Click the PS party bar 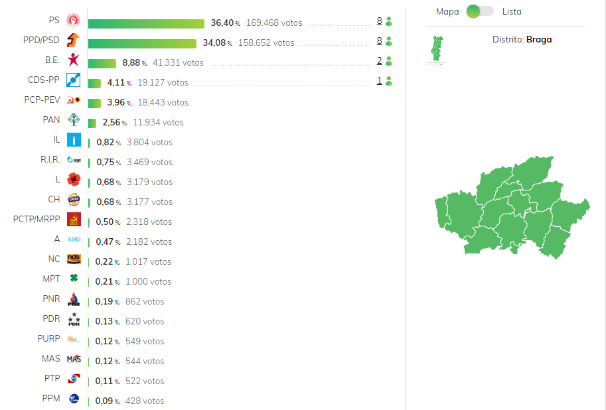pos(146,24)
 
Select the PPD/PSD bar pos(142,43)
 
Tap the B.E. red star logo pos(74,60)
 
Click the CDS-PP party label pos(43,80)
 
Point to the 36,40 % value pos(225,23)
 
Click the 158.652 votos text pos(266,43)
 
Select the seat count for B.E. pos(379,60)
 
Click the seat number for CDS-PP pos(379,81)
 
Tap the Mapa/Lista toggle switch pos(480,11)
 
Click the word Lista pos(512,11)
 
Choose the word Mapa pos(447,11)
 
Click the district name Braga pos(539,39)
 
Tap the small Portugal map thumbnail pos(437,50)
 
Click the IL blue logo pos(74,139)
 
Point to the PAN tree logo pos(74,120)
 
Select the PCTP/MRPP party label pos(37,219)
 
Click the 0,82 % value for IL pos(109,142)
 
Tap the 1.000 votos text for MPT pos(149,282)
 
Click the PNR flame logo pos(74,299)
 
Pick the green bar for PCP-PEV pos(94,103)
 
